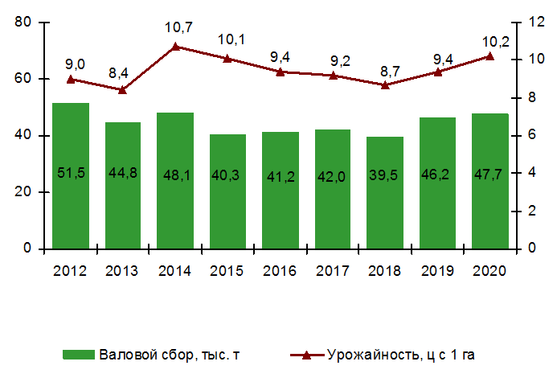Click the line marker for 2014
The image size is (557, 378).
(176, 47)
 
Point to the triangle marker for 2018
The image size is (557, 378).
(385, 84)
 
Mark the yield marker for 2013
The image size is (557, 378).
(122, 90)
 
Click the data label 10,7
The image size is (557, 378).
(178, 28)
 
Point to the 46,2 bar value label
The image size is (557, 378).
(437, 174)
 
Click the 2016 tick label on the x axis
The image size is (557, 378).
(280, 271)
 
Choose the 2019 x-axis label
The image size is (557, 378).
(437, 271)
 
